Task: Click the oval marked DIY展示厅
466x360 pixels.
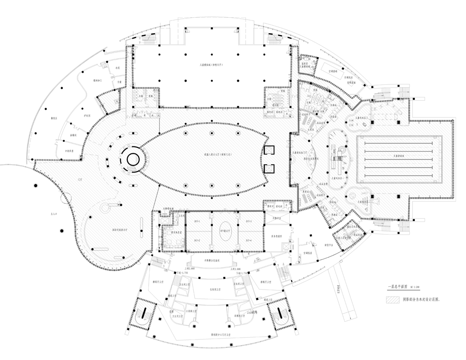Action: tap(225, 231)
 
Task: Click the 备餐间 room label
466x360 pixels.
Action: tap(73, 135)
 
